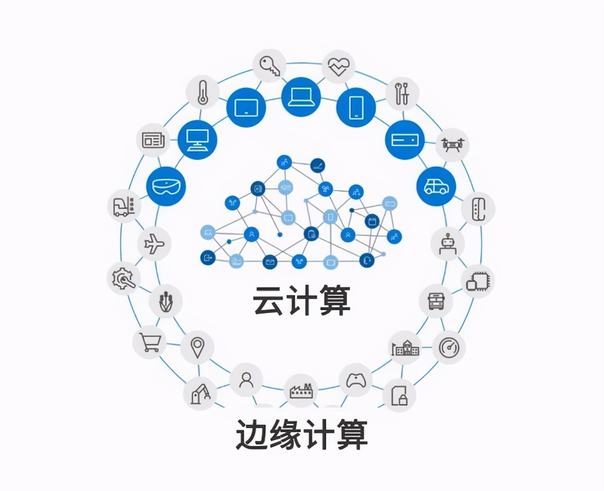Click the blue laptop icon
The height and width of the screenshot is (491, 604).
(301, 97)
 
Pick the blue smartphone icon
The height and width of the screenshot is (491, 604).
(355, 107)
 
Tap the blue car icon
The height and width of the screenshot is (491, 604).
(436, 186)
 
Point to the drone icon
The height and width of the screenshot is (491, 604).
(453, 143)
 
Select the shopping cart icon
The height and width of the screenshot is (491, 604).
(150, 342)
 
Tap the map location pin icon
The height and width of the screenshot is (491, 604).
(197, 347)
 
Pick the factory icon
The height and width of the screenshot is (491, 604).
(302, 390)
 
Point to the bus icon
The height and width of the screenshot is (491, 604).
(436, 300)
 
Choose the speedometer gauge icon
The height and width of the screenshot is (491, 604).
(449, 347)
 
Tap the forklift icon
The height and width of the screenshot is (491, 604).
(124, 206)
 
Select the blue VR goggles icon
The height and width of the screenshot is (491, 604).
(166, 186)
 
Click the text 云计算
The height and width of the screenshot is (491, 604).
(302, 300)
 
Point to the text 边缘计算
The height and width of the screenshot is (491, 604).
(302, 435)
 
